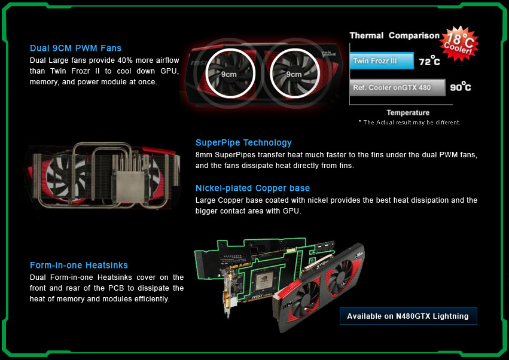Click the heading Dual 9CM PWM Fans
75,48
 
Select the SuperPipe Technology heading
243,143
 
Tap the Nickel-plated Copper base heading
252,188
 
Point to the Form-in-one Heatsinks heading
78,265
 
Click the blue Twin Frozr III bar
382,61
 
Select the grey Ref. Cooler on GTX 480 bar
398,87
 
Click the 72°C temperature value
429,61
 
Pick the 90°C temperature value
461,87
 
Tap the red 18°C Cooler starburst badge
459,44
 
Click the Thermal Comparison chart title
394,35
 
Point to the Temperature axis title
408,112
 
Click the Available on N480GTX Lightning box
409,316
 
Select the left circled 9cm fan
230,74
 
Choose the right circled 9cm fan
294,74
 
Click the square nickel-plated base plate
130,187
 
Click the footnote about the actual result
409,123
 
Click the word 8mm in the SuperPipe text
203,155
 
